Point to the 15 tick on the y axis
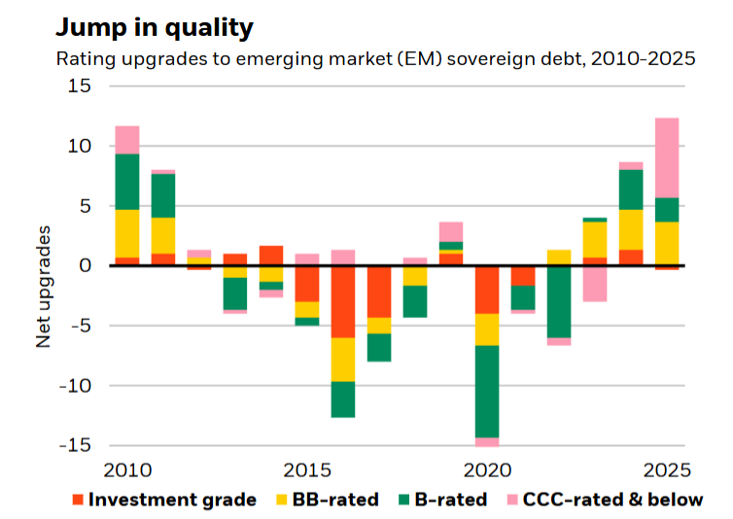click(x=78, y=86)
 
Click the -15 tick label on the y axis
click(x=72, y=445)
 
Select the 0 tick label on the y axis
click(x=84, y=265)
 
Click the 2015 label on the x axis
click(x=307, y=470)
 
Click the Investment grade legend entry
click(x=163, y=501)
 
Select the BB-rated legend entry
click(x=326, y=501)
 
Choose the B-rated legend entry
click(x=442, y=501)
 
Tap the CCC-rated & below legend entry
click(x=611, y=501)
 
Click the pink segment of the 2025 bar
click(x=667, y=157)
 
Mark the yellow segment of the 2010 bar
click(x=127, y=233)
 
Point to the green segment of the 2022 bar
click(x=559, y=301)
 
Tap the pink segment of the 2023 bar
click(x=595, y=283)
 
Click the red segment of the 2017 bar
click(x=379, y=292)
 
